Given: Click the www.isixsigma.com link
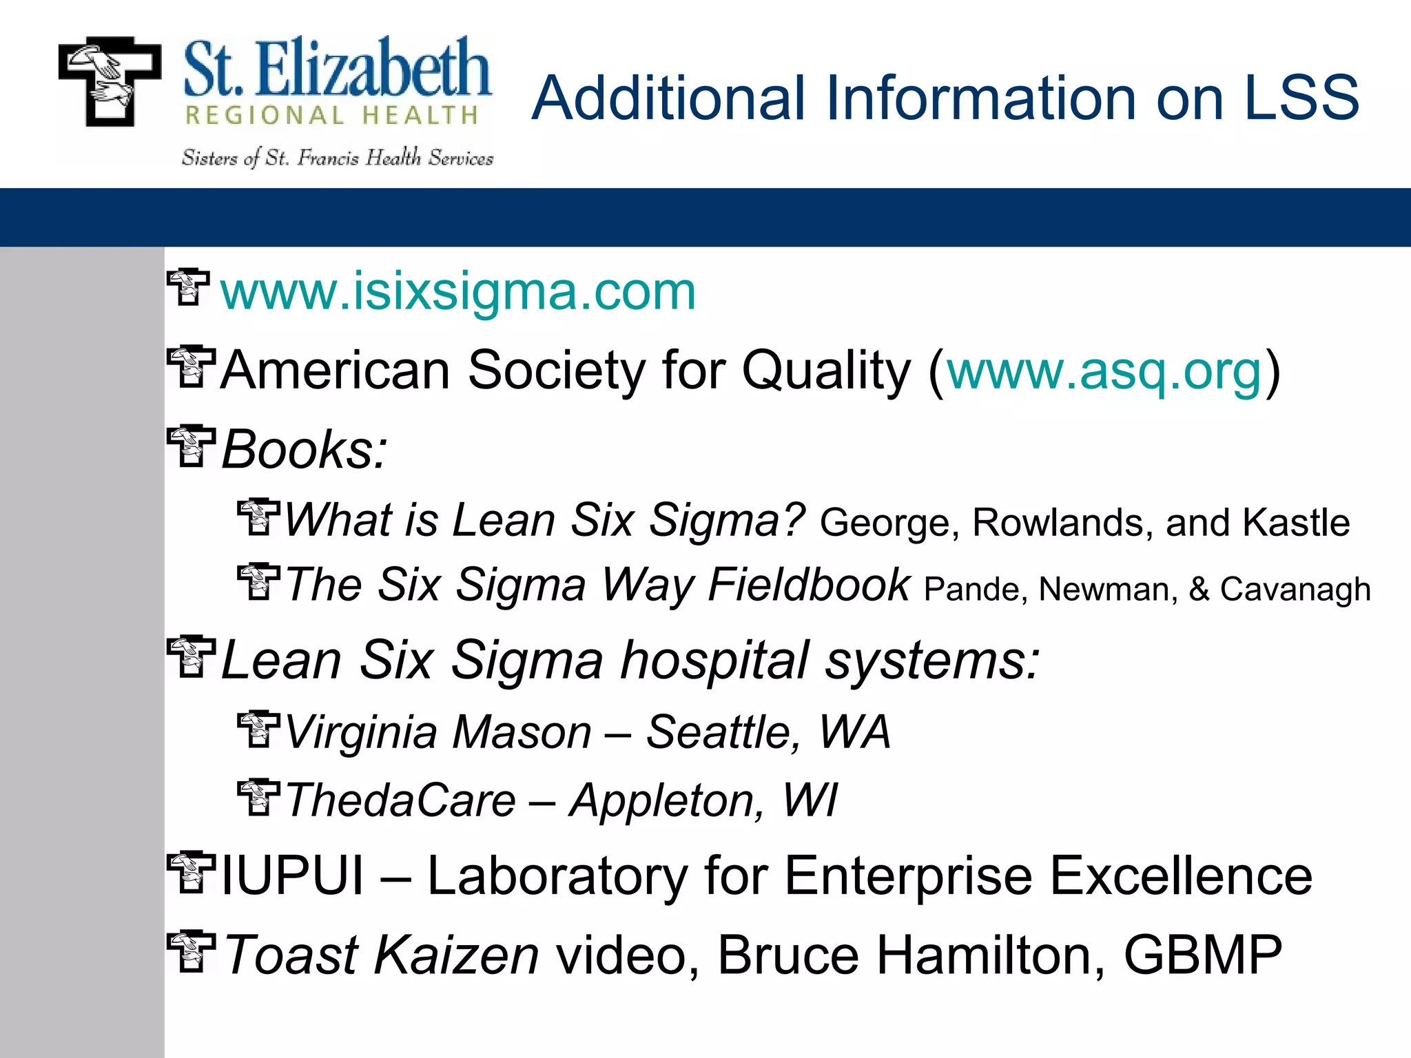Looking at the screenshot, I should coord(457,292).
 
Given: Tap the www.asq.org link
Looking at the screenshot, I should coord(1104,371).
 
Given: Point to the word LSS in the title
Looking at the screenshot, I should coord(1301,98).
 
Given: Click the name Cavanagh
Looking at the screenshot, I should coord(1295,590).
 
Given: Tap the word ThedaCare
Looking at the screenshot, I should coord(400,800).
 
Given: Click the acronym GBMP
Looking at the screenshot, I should coord(1202,955).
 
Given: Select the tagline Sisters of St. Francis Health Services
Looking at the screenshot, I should coord(338,158).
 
